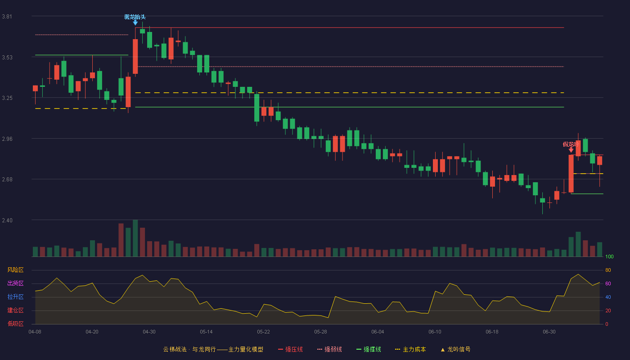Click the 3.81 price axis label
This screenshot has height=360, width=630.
click(x=7, y=17)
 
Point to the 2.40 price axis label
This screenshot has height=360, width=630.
click(x=7, y=220)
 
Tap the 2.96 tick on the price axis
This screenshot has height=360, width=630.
click(x=7, y=139)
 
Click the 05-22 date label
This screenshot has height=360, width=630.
click(x=263, y=332)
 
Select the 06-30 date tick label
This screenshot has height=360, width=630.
click(x=549, y=332)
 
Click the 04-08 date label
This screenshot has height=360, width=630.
click(x=35, y=332)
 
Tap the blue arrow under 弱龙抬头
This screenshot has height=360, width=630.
click(x=135, y=22)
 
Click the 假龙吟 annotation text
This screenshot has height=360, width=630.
click(x=571, y=144)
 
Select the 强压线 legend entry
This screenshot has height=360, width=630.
click(x=290, y=349)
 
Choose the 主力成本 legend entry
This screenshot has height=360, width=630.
click(x=410, y=349)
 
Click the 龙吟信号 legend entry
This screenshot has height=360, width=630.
click(x=455, y=349)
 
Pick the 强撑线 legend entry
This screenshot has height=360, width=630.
click(x=369, y=349)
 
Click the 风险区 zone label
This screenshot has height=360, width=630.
click(x=15, y=270)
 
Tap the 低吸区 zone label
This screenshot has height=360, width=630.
click(x=15, y=324)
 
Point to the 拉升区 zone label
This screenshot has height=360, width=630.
click(x=15, y=297)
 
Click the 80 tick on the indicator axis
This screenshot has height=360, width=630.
click(x=608, y=270)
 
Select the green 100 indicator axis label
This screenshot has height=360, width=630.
click(x=609, y=256)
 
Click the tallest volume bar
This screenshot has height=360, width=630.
click(x=135, y=238)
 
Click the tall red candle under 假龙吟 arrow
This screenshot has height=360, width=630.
click(x=571, y=174)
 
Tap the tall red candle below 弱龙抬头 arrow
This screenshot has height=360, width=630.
click(x=135, y=57)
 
